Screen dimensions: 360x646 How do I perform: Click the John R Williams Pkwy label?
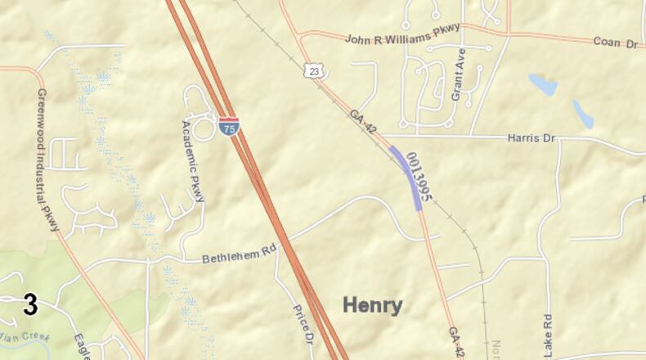click(402, 34)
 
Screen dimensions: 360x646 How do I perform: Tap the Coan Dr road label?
click(615, 42)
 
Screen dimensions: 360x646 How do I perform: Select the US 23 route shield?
click(314, 71)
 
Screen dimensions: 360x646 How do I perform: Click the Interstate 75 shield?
click(229, 128)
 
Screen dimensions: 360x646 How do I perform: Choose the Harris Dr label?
click(532, 138)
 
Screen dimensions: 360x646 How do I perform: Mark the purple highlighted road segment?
click(406, 177)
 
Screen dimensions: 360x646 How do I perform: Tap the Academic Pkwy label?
click(194, 160)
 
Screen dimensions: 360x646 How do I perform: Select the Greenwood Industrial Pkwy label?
click(47, 160)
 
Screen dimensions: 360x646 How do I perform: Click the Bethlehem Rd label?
click(238, 255)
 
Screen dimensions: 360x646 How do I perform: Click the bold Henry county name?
click(372, 305)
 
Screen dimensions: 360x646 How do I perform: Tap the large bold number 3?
click(30, 305)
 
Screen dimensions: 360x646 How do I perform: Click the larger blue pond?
click(543, 84)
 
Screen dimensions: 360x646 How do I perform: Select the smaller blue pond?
click(583, 114)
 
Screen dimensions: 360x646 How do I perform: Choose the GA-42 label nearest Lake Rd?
click(455, 343)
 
